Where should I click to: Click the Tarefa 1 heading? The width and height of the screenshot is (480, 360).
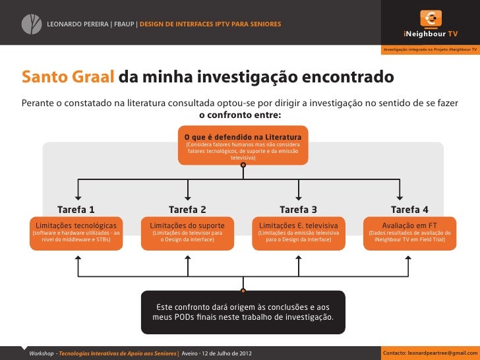(76, 210)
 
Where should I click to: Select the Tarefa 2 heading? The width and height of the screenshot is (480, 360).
(187, 210)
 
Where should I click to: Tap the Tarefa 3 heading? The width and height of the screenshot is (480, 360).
(298, 210)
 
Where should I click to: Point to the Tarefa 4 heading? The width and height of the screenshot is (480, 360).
(409, 210)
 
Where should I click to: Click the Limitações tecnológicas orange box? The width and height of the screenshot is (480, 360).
(76, 232)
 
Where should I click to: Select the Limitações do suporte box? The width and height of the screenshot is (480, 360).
(187, 232)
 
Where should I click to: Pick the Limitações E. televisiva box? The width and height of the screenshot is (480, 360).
(298, 232)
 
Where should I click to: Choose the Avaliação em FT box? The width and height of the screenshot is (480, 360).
(409, 232)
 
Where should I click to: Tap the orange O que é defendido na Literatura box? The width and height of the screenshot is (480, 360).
(243, 146)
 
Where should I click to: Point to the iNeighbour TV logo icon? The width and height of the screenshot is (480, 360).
(431, 18)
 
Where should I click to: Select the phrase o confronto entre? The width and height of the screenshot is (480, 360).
(240, 115)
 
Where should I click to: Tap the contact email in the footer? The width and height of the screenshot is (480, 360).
(428, 353)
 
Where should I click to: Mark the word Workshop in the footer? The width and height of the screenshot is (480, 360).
(42, 353)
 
